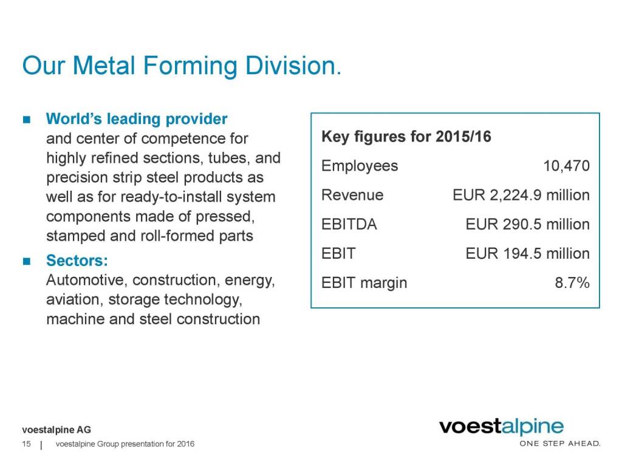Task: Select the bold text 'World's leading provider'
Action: [x=137, y=118]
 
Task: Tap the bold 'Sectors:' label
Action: [x=78, y=261]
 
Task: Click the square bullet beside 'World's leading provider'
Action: [x=26, y=119]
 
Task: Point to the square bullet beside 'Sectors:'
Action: [x=26, y=262]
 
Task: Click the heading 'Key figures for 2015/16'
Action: [x=406, y=137]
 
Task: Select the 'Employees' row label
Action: [x=360, y=166]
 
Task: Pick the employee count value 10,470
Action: [x=567, y=166]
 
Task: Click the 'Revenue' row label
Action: [x=352, y=195]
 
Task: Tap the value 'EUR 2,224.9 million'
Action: [x=521, y=195]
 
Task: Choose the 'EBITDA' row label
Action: [x=349, y=224]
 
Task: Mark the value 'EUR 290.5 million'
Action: [x=527, y=224]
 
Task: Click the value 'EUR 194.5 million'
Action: [x=527, y=253]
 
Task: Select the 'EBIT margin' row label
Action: [x=364, y=282]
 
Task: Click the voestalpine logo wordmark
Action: [x=501, y=427]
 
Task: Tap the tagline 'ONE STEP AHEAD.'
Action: [x=559, y=443]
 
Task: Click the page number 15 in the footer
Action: [x=26, y=445]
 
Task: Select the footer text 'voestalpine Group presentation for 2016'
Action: [x=125, y=445]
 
